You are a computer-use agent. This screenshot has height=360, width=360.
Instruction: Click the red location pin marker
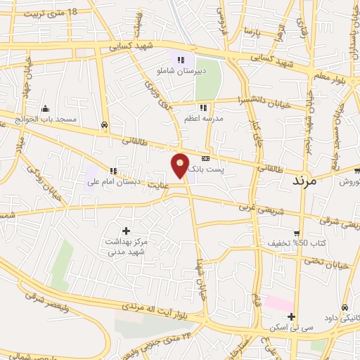point(181,166)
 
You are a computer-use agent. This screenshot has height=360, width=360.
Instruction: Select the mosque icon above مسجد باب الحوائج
point(46,108)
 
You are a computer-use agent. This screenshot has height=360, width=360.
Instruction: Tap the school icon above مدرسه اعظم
point(202,108)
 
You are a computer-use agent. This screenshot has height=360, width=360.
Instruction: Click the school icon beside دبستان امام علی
point(112,171)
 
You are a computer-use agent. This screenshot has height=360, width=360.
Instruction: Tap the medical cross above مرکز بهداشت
point(127,230)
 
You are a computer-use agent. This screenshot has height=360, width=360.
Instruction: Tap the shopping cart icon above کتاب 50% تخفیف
point(297,233)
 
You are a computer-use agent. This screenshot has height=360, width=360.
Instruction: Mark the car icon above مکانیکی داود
point(345,308)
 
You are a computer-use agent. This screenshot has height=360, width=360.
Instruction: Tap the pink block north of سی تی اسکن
point(279,304)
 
